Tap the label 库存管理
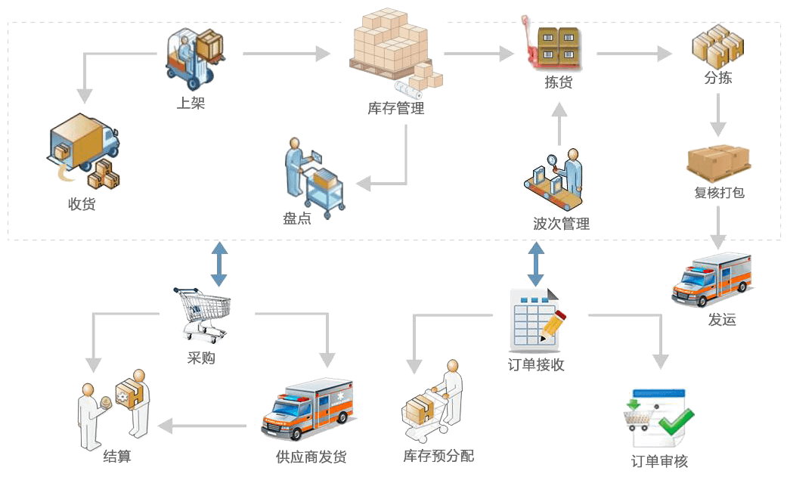click(395, 109)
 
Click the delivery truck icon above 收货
click(82, 151)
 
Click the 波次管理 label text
click(560, 224)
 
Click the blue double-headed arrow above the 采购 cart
click(219, 264)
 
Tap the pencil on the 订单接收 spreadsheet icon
click(554, 323)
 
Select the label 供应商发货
click(311, 457)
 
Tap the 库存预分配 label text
click(438, 457)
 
